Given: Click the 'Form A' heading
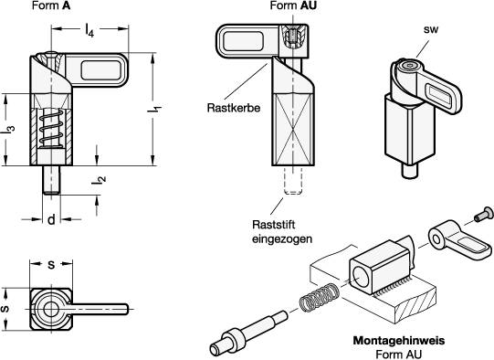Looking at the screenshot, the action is pos(51,5).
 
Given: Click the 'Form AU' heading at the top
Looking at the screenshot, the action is pos(293,5).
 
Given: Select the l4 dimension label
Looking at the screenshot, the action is pos(89,30).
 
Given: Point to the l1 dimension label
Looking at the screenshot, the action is pos(154,110).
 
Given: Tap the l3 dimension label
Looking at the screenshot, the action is pos(8,129).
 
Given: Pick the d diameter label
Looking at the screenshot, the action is pos(51,219).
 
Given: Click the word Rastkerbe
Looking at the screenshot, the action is pos(234,108).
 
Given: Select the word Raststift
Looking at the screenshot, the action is pos(274,225).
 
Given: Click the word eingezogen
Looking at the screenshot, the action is pos(282,239).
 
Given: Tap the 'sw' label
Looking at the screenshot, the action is pos(431,29).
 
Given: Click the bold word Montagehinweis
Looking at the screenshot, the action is pos(399,341).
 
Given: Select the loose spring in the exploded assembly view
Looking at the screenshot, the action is pos(319,297).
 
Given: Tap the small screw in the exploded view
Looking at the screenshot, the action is pos(483,214).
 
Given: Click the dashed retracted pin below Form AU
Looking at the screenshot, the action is pos(293,180).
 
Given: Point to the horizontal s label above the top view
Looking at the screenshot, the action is pos(51,264).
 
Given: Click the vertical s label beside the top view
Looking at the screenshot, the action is pos(5,309).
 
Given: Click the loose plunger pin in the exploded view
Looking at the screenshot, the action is pos(248,334).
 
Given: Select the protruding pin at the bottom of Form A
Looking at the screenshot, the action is pos(51,180).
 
